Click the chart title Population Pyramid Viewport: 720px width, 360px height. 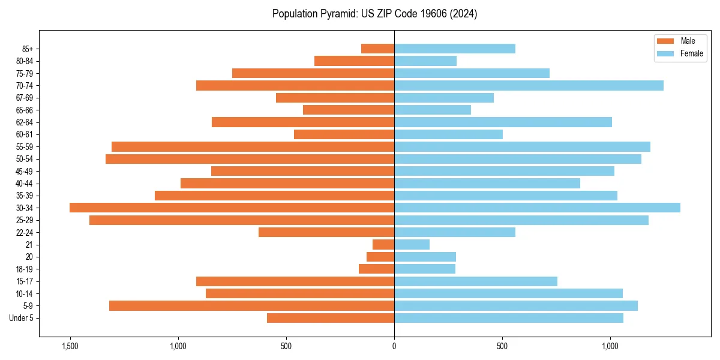(x=374, y=14)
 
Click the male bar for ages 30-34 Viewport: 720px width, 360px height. (x=232, y=208)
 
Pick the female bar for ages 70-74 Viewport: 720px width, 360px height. (x=529, y=85)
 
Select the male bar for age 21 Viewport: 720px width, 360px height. (x=383, y=245)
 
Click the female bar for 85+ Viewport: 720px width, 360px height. (x=454, y=49)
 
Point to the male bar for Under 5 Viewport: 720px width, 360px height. (x=331, y=318)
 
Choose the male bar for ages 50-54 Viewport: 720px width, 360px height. (x=250, y=159)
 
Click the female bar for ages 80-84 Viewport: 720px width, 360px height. (x=425, y=61)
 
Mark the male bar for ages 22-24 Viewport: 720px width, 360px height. (x=326, y=232)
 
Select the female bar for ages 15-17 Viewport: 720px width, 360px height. (x=476, y=281)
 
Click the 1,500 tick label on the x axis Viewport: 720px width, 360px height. (x=70, y=346)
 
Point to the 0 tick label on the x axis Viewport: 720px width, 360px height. (x=394, y=346)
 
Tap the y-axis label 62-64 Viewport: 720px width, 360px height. (x=25, y=122)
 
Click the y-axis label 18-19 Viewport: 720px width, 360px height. (x=25, y=269)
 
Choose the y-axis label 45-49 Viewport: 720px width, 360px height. (x=25, y=171)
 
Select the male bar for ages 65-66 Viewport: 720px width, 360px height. (x=349, y=110)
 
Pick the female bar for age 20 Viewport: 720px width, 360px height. (x=425, y=257)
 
